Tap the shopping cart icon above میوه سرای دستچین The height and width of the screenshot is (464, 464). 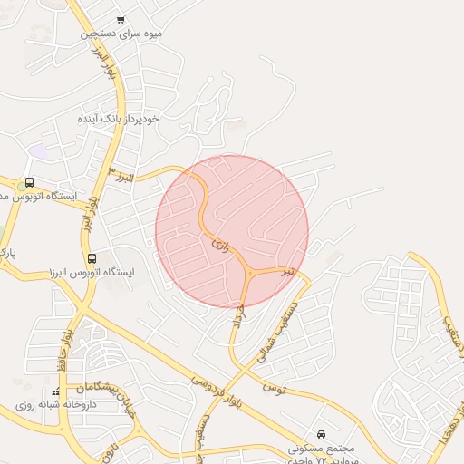coord(121,19)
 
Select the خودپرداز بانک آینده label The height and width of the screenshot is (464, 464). coord(118,119)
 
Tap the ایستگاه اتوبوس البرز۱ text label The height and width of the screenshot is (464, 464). coord(91,272)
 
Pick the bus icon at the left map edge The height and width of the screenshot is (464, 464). coord(29,182)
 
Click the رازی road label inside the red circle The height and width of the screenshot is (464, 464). coord(221,244)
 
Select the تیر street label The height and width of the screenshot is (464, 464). coord(287,271)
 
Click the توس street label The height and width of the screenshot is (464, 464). coord(274,389)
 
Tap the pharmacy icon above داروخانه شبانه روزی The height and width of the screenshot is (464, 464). coord(56,392)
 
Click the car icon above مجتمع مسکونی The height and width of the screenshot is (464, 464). coord(322,434)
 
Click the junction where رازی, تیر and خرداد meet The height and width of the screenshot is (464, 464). coord(247,274)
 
